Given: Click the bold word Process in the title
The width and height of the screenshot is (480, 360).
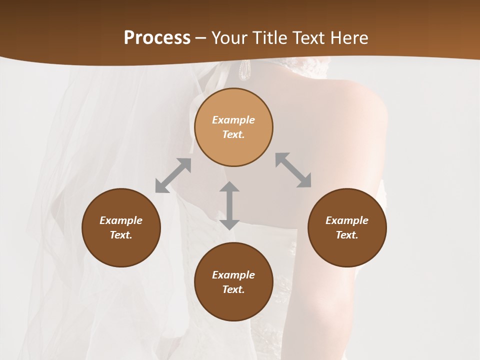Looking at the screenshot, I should point(157,38).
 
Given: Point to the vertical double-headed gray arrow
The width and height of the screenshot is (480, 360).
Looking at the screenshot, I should point(229,205).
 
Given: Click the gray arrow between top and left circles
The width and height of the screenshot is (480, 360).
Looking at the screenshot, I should point(173,175).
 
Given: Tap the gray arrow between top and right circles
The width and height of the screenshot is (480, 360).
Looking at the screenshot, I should point(293,170).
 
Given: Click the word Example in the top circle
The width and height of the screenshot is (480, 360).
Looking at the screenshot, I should point(233,120).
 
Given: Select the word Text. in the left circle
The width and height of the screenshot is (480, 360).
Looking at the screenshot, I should point(121,235).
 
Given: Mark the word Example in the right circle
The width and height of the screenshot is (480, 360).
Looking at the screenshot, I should point(347,220).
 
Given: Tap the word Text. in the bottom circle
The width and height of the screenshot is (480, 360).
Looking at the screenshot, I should point(233,289).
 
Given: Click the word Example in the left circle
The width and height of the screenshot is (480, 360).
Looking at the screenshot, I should point(121,220).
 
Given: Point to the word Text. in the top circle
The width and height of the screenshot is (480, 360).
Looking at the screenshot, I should point(233,134).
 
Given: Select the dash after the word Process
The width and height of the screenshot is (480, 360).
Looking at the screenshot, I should point(200,38).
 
